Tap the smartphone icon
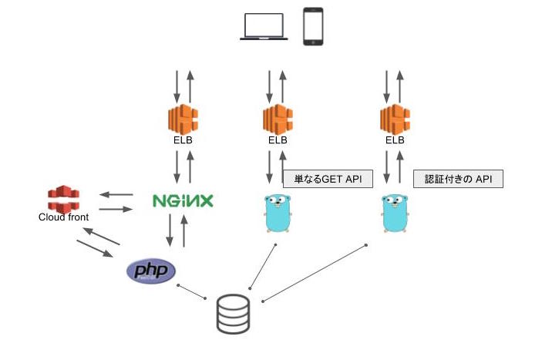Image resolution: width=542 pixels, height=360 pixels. click(313, 26)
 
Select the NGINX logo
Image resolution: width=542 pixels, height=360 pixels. click(183, 200)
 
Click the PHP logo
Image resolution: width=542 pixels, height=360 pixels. click(151, 271)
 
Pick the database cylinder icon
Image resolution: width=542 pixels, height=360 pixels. click(234, 314)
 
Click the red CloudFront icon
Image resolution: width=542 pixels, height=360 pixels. click(63, 199)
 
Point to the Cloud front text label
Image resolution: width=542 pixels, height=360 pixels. click(63, 217)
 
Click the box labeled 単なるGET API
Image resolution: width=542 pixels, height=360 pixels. click(328, 179)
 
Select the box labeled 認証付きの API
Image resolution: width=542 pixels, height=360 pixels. click(459, 179)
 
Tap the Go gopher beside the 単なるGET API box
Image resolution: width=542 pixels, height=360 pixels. click(278, 214)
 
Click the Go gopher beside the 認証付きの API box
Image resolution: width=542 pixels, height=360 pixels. click(395, 214)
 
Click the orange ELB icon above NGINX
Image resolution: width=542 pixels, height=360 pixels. click(183, 119)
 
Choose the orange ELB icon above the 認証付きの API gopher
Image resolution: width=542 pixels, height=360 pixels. click(395, 119)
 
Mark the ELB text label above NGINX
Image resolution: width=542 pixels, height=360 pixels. click(183, 140)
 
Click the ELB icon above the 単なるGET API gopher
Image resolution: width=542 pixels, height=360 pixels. click(278, 119)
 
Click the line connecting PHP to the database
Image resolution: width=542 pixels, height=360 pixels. click(191, 291)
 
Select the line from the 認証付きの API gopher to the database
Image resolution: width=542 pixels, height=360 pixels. click(315, 274)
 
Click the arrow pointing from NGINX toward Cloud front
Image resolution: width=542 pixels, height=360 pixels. click(116, 195)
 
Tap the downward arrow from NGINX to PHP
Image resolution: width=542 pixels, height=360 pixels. click(170, 230)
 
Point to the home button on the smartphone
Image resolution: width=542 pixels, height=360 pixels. click(313, 42)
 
